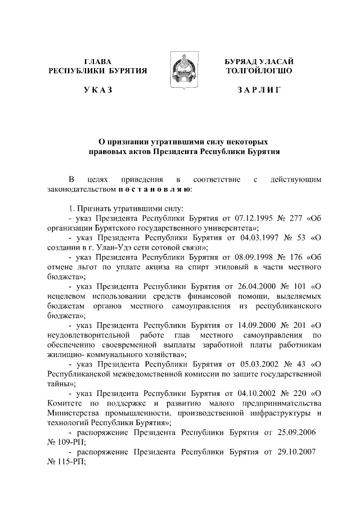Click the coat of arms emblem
click(x=180, y=70)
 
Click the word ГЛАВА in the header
click(x=98, y=61)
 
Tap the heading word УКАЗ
click(x=98, y=90)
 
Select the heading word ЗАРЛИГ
click(x=259, y=90)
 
